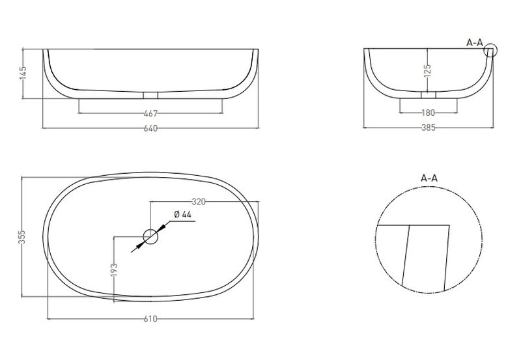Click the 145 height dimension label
click(23, 73)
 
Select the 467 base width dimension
click(150, 113)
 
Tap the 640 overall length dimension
click(150, 128)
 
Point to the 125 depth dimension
click(428, 70)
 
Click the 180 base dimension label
click(428, 113)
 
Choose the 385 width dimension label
click(429, 128)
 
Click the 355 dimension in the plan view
click(21, 237)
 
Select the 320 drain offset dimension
click(199, 202)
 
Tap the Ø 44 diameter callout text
click(183, 214)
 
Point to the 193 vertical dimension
click(114, 270)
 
